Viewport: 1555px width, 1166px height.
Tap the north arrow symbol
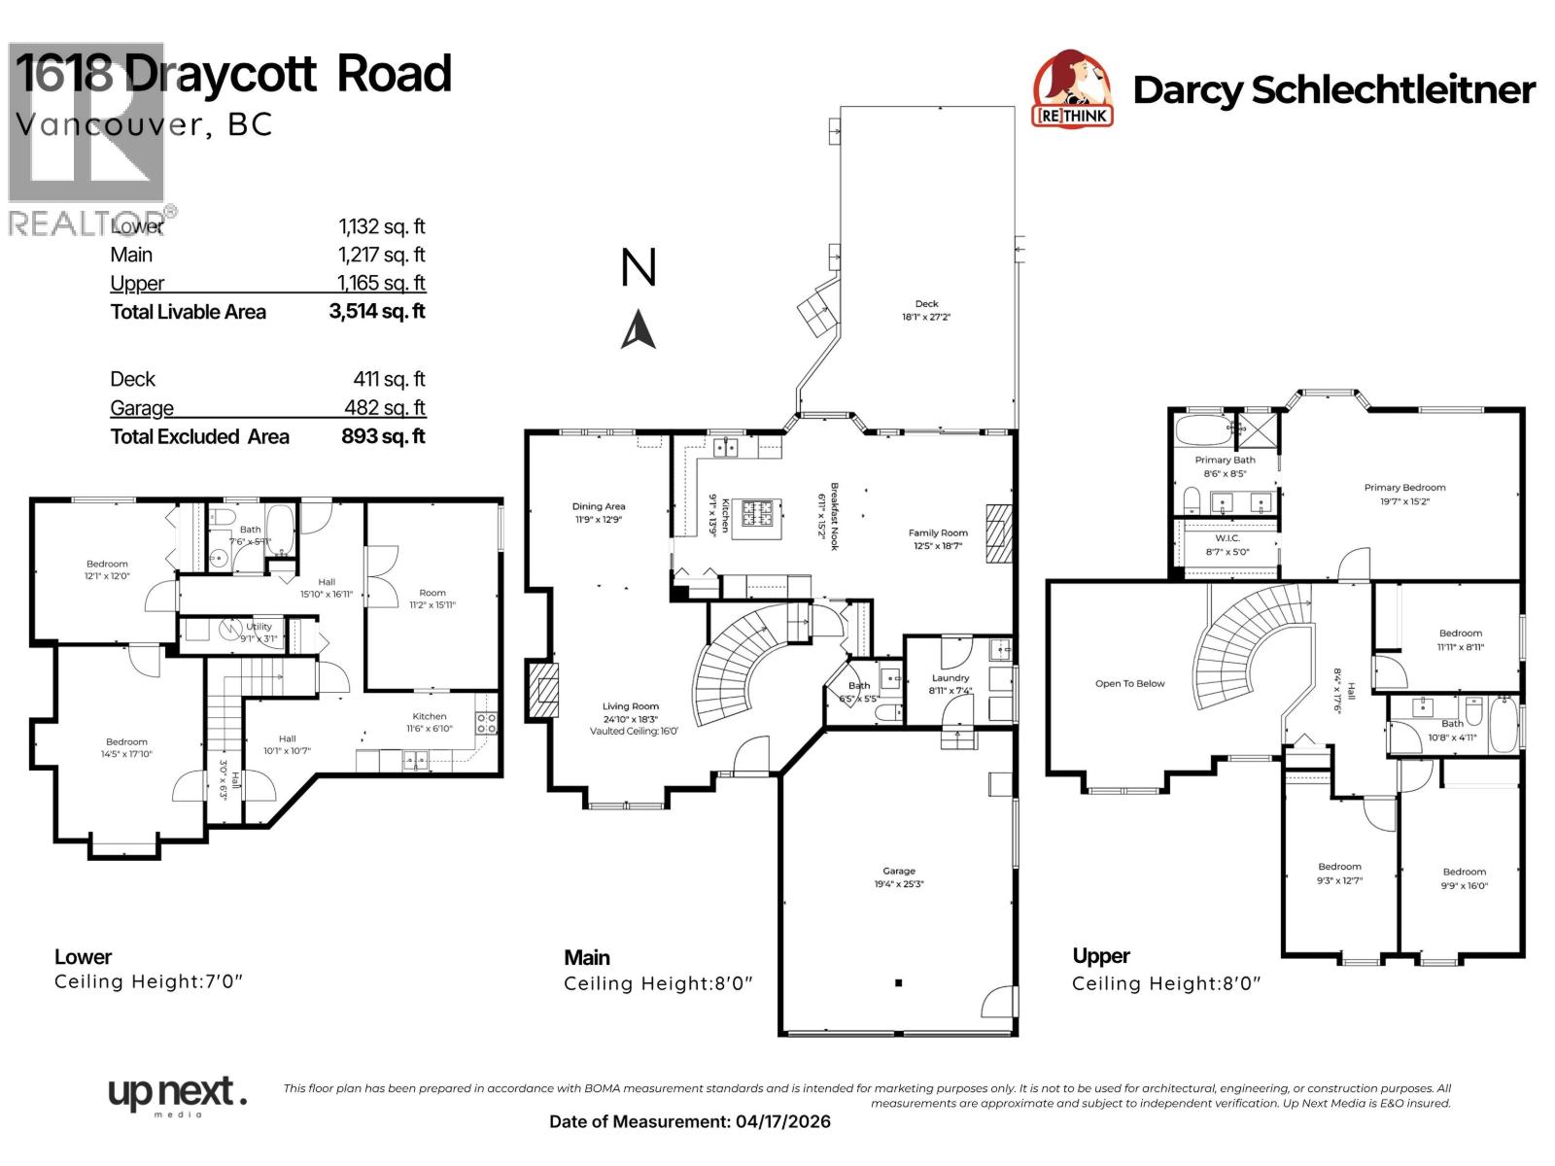tap(638, 329)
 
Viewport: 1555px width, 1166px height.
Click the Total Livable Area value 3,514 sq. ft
tap(377, 312)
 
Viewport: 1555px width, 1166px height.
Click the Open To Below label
tap(1129, 684)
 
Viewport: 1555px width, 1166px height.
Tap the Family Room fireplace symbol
tap(999, 533)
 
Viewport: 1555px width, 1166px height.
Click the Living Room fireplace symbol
tap(544, 691)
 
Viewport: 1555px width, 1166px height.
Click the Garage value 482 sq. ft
tap(385, 408)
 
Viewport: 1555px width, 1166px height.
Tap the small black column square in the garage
tap(899, 983)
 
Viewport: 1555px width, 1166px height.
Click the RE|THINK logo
tap(1072, 89)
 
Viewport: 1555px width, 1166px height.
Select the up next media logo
tap(177, 1096)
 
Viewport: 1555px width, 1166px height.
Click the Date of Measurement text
tap(690, 1121)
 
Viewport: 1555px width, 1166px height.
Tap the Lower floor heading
tap(83, 957)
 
